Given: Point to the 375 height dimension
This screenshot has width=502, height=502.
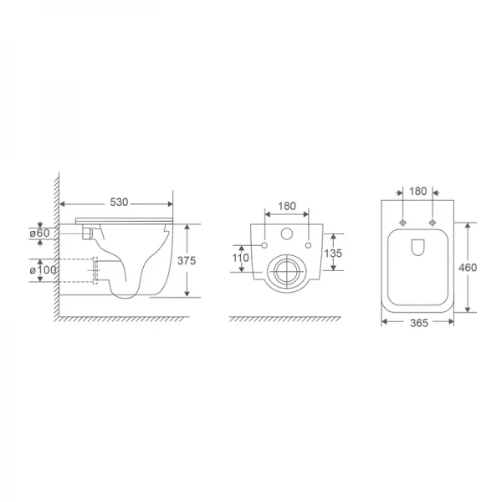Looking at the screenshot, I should pyautogui.click(x=187, y=260).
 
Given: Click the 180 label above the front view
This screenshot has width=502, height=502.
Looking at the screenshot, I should pyautogui.click(x=287, y=204).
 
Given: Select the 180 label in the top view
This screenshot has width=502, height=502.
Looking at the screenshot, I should pyautogui.click(x=418, y=192).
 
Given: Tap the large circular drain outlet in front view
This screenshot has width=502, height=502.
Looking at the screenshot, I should pyautogui.click(x=287, y=272).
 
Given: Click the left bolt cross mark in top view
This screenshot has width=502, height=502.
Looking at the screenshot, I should pyautogui.click(x=404, y=223).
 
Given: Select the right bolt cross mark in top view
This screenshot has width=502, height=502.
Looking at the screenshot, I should pyautogui.click(x=433, y=223).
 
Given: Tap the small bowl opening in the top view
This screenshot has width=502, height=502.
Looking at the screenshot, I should pyautogui.click(x=417, y=246).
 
